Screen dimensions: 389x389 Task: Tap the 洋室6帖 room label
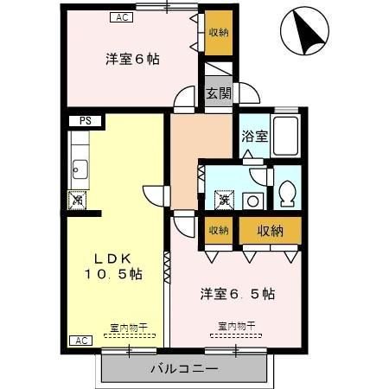pos(132,59)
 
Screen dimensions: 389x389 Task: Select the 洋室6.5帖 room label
pos(238,293)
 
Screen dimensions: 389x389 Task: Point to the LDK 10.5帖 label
pos(113,266)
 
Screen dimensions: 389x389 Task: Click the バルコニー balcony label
pos(184,369)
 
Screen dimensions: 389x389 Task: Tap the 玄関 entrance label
pos(218,94)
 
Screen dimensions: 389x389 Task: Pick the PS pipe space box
pos(86,122)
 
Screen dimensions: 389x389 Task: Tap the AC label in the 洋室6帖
pos(121,16)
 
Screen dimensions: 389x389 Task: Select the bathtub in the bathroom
pos(286,136)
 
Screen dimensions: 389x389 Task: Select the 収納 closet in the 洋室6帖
pos(218,33)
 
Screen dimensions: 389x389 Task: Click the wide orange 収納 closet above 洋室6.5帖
pos(270,230)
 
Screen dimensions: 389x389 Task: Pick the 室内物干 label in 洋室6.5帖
pos(236,327)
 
